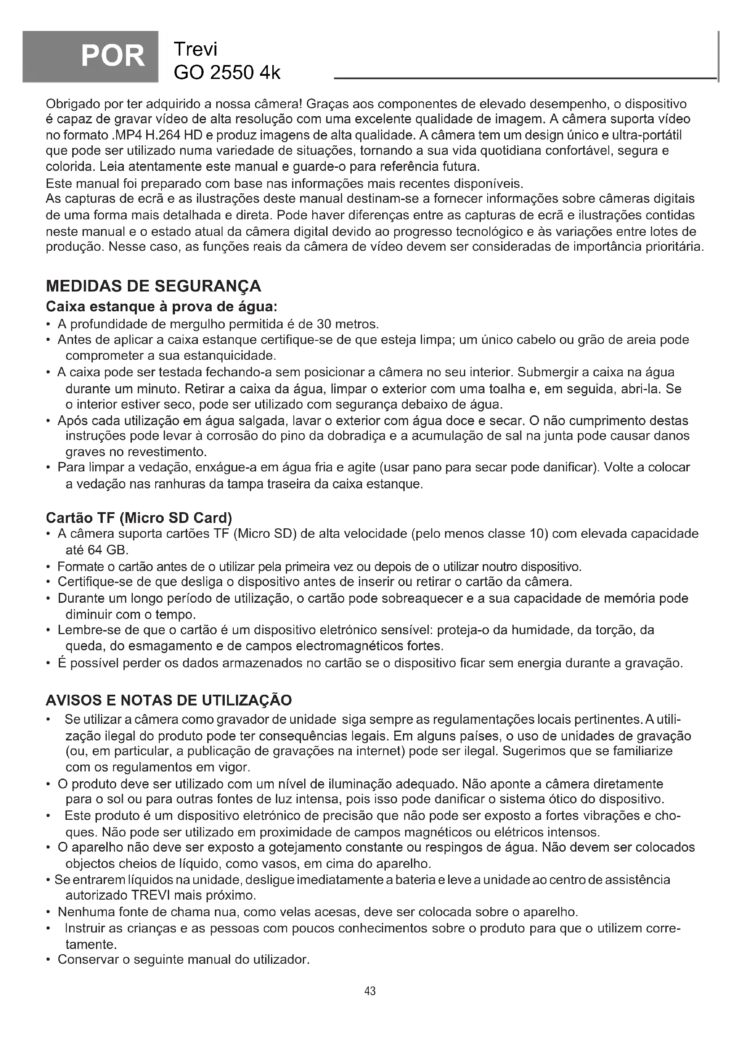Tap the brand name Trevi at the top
[x=195, y=49]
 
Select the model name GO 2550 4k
[x=227, y=72]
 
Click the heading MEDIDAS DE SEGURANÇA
[x=153, y=286]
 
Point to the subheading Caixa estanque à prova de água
[x=162, y=306]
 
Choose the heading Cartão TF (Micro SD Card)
[x=140, y=518]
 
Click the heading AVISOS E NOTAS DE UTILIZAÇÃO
[x=169, y=700]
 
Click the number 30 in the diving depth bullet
[x=323, y=324]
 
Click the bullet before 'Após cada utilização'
[x=48, y=421]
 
